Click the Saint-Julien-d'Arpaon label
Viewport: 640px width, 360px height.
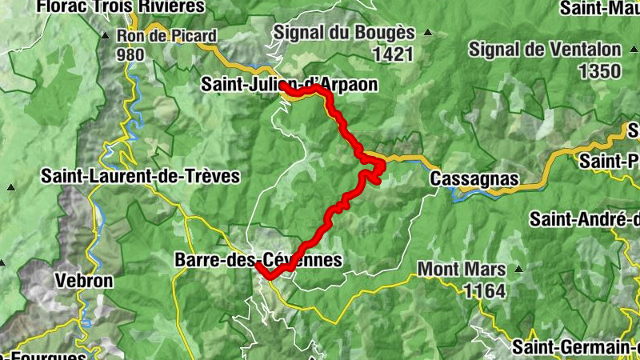pyautogui.click(x=289, y=84)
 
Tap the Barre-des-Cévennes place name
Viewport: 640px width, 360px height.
pyautogui.click(x=258, y=260)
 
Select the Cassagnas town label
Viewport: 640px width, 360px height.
pyautogui.click(x=474, y=179)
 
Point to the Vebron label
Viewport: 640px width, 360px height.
pyautogui.click(x=84, y=281)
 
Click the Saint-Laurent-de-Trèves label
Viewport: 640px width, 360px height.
pyautogui.click(x=141, y=176)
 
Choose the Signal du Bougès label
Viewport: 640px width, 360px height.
pyautogui.click(x=345, y=33)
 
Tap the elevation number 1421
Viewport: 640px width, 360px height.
pyautogui.click(x=392, y=54)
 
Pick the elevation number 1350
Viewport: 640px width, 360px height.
pyautogui.click(x=599, y=70)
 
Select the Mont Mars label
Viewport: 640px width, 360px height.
pyautogui.click(x=462, y=269)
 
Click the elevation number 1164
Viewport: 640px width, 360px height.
pyautogui.click(x=484, y=290)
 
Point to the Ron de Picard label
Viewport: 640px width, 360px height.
pyautogui.click(x=166, y=35)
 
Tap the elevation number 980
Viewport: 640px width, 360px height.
pyautogui.click(x=130, y=55)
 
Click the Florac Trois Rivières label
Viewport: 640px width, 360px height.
pyautogui.click(x=102, y=6)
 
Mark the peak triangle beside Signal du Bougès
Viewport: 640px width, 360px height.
pyautogui.click(x=428, y=34)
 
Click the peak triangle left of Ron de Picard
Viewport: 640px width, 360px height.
pyautogui.click(x=105, y=36)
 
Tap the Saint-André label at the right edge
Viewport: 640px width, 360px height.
pyautogui.click(x=584, y=218)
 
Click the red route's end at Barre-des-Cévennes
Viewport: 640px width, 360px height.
pyautogui.click(x=259, y=265)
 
